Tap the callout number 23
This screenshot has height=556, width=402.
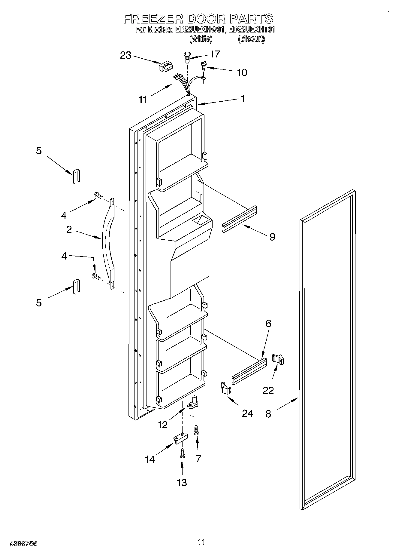click(126, 55)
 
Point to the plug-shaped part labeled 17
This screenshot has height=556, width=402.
click(187, 57)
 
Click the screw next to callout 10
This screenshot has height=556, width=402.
click(204, 65)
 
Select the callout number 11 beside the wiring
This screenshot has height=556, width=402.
click(143, 100)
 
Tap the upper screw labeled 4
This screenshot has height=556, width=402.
click(98, 196)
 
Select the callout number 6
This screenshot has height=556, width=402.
click(268, 324)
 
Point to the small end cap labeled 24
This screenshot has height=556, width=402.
click(225, 388)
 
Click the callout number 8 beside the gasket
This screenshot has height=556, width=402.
click(268, 414)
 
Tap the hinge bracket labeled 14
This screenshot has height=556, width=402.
click(180, 438)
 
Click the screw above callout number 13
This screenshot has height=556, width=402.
click(182, 453)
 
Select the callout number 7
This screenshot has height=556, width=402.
click(198, 459)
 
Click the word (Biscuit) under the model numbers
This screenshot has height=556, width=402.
click(252, 39)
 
